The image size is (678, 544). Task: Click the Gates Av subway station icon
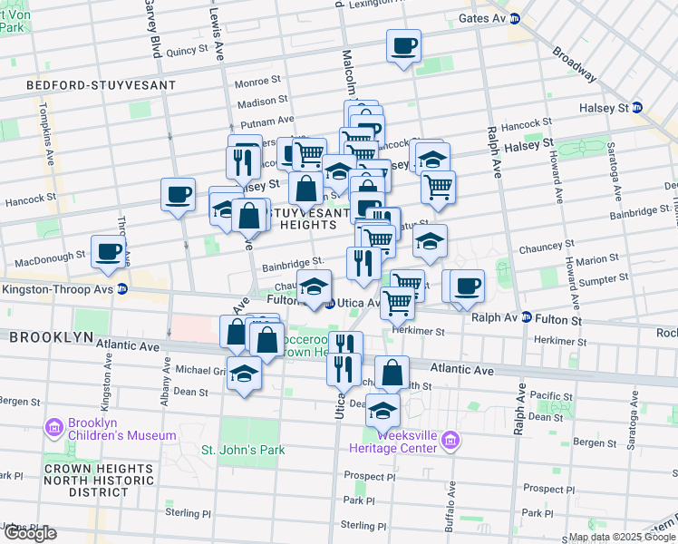click(515, 18)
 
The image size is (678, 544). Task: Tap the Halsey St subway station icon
click(637, 108)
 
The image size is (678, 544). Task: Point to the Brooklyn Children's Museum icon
click(53, 426)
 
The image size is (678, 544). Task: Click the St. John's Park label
click(242, 450)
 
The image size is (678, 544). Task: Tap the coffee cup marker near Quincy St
click(403, 45)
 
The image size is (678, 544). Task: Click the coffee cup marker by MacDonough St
click(108, 251)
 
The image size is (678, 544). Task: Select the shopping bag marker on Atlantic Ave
click(392, 373)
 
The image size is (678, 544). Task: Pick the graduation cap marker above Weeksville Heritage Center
click(383, 410)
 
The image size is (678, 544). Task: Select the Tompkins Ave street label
click(43, 127)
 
